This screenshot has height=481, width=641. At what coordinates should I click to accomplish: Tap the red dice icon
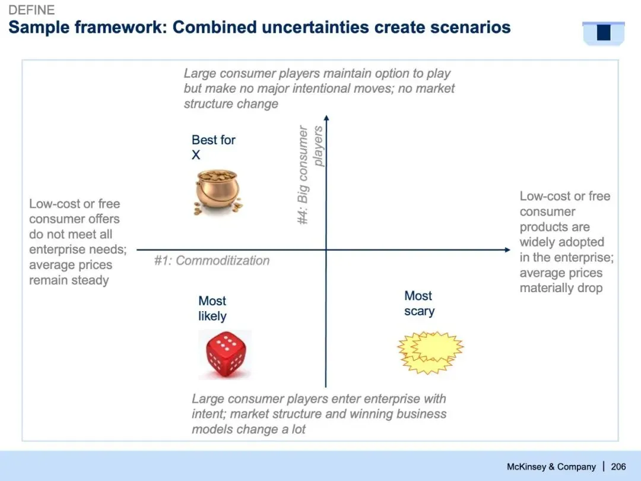click(x=226, y=354)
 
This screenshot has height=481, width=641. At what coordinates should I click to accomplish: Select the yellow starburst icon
click(x=430, y=353)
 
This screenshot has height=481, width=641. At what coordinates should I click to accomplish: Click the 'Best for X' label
click(x=214, y=147)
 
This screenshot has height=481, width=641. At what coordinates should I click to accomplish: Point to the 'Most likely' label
click(x=212, y=308)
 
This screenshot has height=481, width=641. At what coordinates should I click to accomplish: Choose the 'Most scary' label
click(x=419, y=303)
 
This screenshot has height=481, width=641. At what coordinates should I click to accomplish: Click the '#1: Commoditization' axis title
click(x=212, y=261)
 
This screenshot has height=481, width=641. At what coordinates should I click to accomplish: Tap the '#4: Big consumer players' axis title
click(x=310, y=175)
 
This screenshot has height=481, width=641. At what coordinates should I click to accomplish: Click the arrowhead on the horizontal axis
click(x=507, y=249)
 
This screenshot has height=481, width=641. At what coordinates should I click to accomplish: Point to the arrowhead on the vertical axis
click(x=326, y=118)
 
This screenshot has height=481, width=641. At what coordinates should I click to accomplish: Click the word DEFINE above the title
click(x=31, y=10)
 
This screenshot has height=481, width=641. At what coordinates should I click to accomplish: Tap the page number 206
click(x=618, y=467)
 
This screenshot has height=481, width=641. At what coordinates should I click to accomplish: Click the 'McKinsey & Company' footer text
click(x=551, y=467)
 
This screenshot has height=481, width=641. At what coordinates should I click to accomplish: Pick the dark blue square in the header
click(x=604, y=32)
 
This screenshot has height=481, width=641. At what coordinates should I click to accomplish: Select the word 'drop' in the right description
click(x=590, y=287)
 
